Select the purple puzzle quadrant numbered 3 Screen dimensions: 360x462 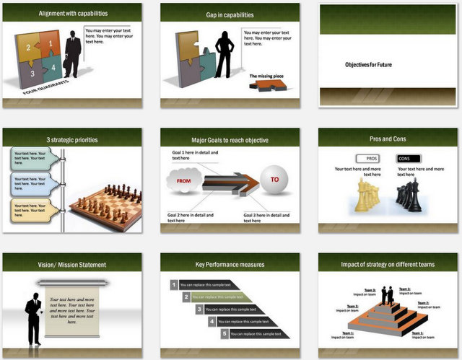tap(31, 73)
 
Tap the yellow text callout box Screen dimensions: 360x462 tap(35, 210)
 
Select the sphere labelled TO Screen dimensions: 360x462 tap(274, 181)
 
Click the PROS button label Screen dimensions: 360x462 tap(372, 158)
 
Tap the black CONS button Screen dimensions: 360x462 tap(406, 158)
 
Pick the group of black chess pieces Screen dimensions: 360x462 tap(409, 196)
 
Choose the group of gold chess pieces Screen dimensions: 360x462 tap(367, 197)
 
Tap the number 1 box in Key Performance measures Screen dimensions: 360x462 tap(174, 284)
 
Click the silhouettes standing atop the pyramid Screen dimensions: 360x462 tap(388, 295)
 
